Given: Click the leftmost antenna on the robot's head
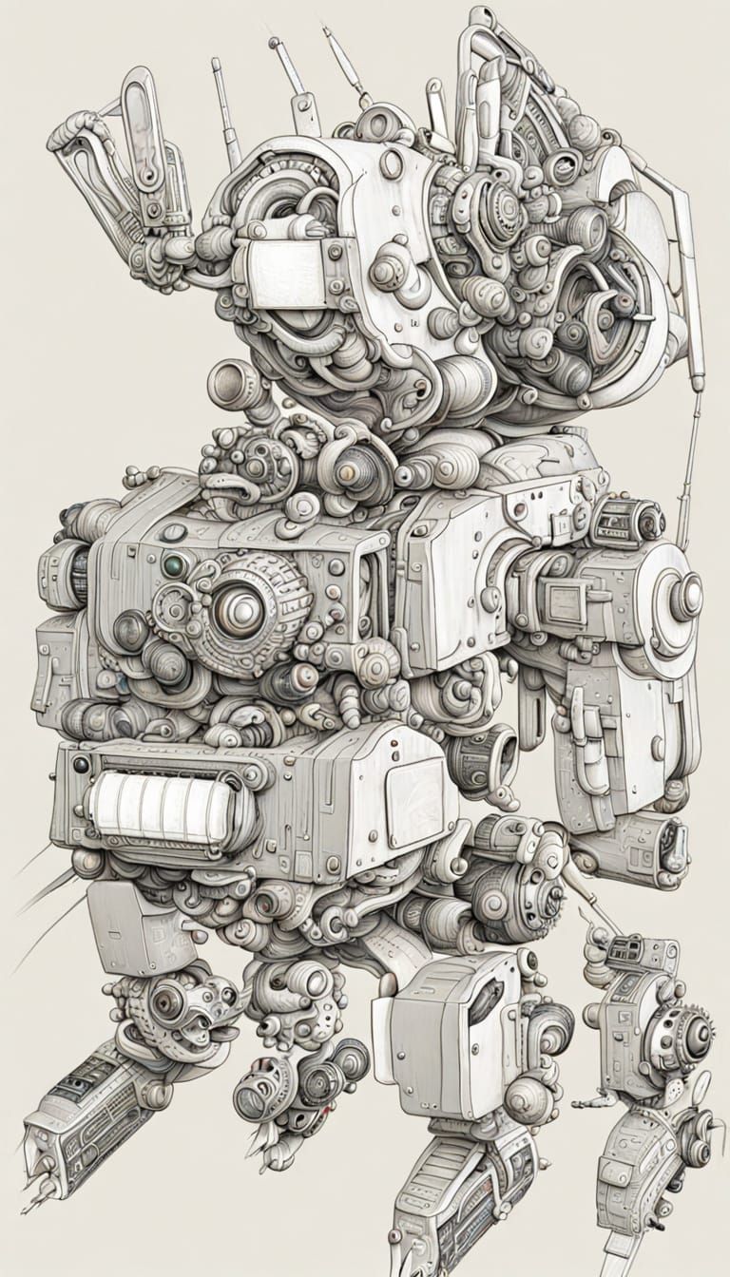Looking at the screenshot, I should coord(225,105).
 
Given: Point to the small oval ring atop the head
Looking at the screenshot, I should coord(391,163).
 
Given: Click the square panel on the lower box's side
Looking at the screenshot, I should coord(414,791).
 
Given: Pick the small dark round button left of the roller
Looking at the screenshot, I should coord(81,765).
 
